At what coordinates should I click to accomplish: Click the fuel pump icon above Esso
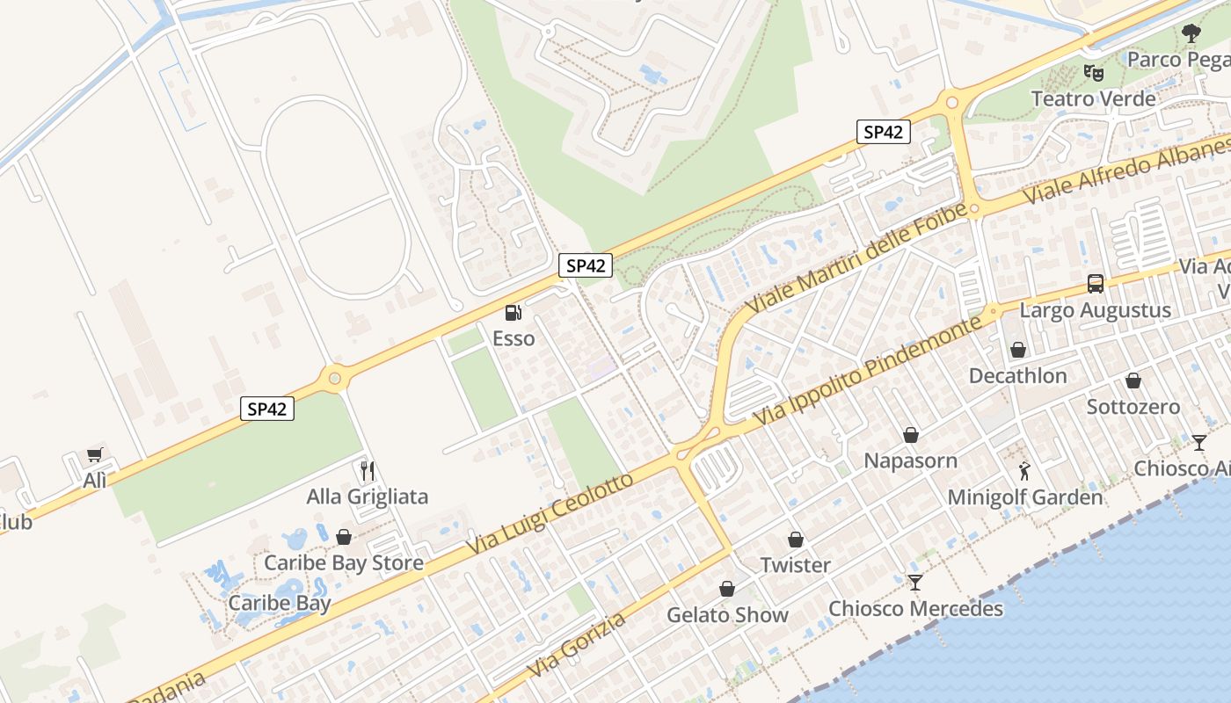[x=512, y=312]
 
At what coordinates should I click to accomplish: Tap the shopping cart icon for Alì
[x=94, y=454]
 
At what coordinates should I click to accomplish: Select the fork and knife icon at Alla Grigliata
[x=367, y=470]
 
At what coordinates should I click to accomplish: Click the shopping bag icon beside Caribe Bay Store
[x=344, y=536]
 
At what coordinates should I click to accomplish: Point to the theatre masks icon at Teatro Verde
[x=1093, y=72]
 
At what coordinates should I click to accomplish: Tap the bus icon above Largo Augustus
[x=1095, y=284]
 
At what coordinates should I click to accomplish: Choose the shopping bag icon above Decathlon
[x=1017, y=350]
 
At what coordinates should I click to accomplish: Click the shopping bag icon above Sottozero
[x=1133, y=380]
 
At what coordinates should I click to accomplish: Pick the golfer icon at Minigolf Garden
[x=1023, y=471]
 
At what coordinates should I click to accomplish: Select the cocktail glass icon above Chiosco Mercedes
[x=915, y=582]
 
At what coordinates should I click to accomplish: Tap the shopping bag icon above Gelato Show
[x=727, y=588]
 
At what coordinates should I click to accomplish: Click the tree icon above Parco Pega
[x=1191, y=34]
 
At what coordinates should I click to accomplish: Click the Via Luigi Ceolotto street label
[x=550, y=514]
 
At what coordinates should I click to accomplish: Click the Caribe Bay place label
[x=280, y=604]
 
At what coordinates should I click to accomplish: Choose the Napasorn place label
[x=910, y=460]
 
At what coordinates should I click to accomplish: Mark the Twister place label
[x=795, y=565]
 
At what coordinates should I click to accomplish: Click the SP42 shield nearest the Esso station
[x=585, y=265]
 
